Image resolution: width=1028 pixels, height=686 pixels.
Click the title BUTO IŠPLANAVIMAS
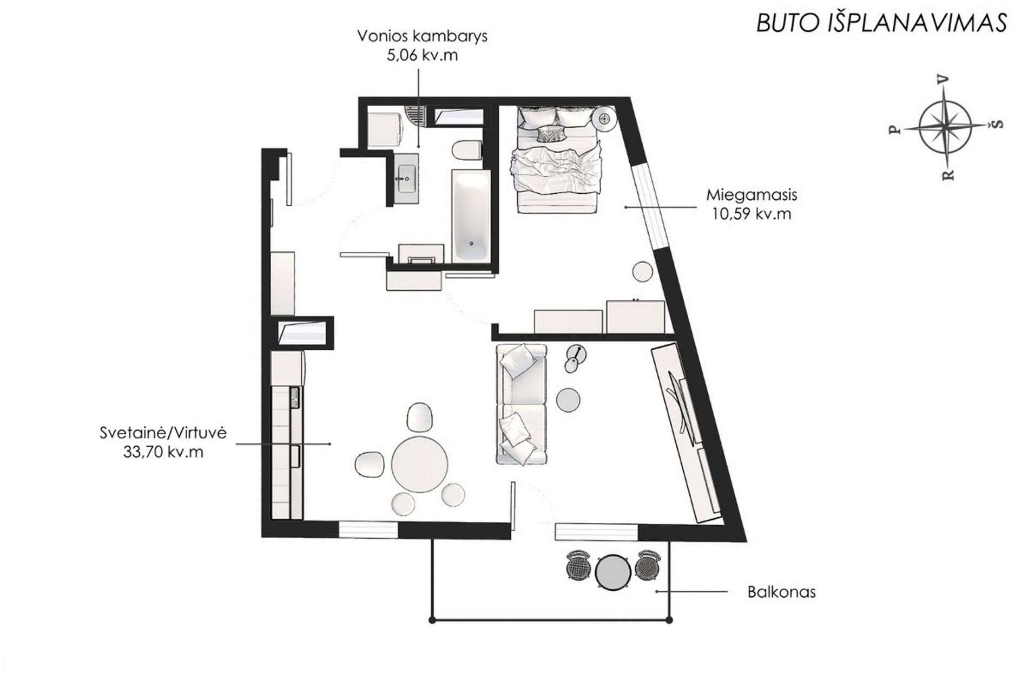[881, 23]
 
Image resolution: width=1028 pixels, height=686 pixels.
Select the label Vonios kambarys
[422, 36]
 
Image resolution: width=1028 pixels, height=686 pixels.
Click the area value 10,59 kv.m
[752, 214]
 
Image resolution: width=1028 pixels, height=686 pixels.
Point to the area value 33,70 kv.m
[163, 452]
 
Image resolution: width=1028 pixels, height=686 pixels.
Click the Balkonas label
[781, 592]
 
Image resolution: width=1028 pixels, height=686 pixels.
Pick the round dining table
[420, 463]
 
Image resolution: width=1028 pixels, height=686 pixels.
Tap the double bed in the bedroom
[558, 159]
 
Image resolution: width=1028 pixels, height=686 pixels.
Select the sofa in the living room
[521, 404]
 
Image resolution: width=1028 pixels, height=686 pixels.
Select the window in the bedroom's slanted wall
[648, 206]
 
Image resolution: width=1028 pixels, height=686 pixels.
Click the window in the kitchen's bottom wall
[368, 529]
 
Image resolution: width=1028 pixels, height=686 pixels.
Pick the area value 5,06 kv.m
[422, 55]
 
